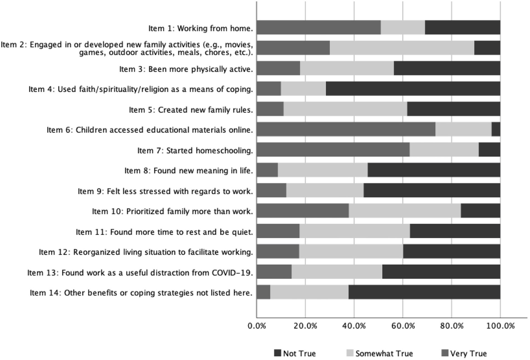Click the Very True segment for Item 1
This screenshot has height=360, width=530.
318,27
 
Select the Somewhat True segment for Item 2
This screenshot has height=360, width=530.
402,48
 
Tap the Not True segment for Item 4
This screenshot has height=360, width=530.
413,89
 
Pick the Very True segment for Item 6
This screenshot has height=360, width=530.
346,129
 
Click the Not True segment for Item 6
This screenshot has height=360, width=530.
496,129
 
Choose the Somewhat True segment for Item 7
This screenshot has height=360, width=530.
444,150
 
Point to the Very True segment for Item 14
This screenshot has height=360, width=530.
263,292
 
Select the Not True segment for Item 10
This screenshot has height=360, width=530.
480,211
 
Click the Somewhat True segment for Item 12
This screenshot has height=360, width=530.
351,252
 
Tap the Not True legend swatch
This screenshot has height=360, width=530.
278,353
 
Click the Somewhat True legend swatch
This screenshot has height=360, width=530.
350,353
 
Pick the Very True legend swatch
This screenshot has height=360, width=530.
445,353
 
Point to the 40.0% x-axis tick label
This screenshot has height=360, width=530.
354,326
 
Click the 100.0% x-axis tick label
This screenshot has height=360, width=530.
500,326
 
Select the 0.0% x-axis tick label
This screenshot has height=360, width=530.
257,326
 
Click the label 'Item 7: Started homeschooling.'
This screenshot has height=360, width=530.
195,150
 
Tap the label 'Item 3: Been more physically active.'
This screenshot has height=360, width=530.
186,69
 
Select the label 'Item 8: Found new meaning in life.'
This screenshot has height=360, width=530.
189,171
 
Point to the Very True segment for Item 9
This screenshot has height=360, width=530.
271,191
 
